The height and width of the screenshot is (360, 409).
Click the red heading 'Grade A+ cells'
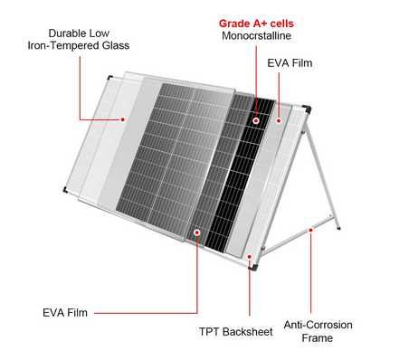click(x=256, y=24)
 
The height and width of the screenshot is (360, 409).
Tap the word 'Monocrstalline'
click(x=256, y=35)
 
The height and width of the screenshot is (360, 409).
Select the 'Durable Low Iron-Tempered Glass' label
click(x=79, y=39)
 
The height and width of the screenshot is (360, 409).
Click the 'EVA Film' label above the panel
click(x=290, y=63)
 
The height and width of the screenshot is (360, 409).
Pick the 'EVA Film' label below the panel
click(x=65, y=313)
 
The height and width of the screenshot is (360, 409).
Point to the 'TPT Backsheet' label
click(x=235, y=332)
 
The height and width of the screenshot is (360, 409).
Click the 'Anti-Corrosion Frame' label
click(x=318, y=331)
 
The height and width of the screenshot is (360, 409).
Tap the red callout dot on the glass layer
click(x=122, y=119)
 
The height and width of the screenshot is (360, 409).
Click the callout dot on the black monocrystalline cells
click(x=256, y=121)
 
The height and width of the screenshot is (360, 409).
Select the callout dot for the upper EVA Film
click(x=279, y=120)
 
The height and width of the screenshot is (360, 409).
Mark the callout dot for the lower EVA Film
click(x=197, y=232)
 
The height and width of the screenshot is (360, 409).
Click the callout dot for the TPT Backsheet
click(x=250, y=257)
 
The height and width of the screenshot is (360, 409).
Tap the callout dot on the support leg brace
click(x=310, y=230)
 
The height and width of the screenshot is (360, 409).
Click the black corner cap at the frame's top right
click(x=307, y=109)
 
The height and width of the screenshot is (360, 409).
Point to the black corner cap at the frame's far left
click(x=64, y=190)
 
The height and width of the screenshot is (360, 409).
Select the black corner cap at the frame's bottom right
click(x=253, y=267)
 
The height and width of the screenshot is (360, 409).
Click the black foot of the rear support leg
click(x=338, y=228)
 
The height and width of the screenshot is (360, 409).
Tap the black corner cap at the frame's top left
click(x=110, y=77)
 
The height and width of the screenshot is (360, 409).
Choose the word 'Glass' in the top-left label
click(x=116, y=45)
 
